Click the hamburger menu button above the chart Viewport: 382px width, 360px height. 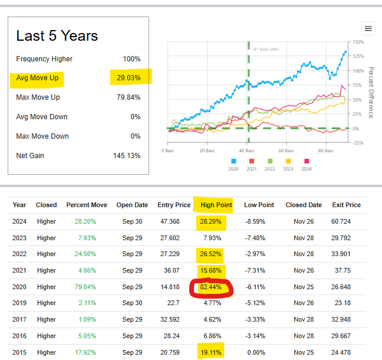point(368,28)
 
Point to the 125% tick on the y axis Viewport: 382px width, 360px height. point(357,56)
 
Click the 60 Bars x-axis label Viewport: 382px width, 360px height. point(285,151)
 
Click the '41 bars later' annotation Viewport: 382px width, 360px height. point(266,50)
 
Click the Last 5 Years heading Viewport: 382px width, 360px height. point(57,36)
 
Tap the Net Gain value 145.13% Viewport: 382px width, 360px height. point(127,156)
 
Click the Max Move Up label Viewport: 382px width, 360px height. point(38,97)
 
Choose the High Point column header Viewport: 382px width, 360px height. point(216,205)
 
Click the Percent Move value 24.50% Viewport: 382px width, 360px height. point(87,255)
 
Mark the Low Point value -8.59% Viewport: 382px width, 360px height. point(259,221)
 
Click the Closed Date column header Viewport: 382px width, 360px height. point(304,205)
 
